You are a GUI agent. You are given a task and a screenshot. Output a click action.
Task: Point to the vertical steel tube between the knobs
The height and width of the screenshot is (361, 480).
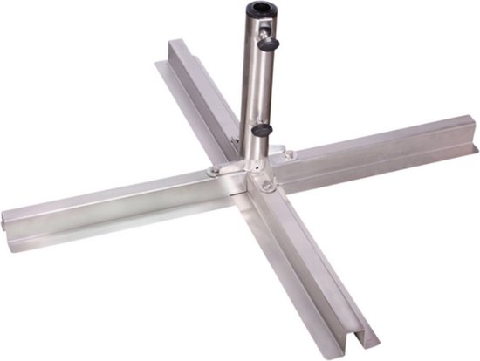253,87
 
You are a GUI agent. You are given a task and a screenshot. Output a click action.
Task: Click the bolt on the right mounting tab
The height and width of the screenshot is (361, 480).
289,155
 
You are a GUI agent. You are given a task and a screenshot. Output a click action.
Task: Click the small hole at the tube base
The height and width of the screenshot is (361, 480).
252,160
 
